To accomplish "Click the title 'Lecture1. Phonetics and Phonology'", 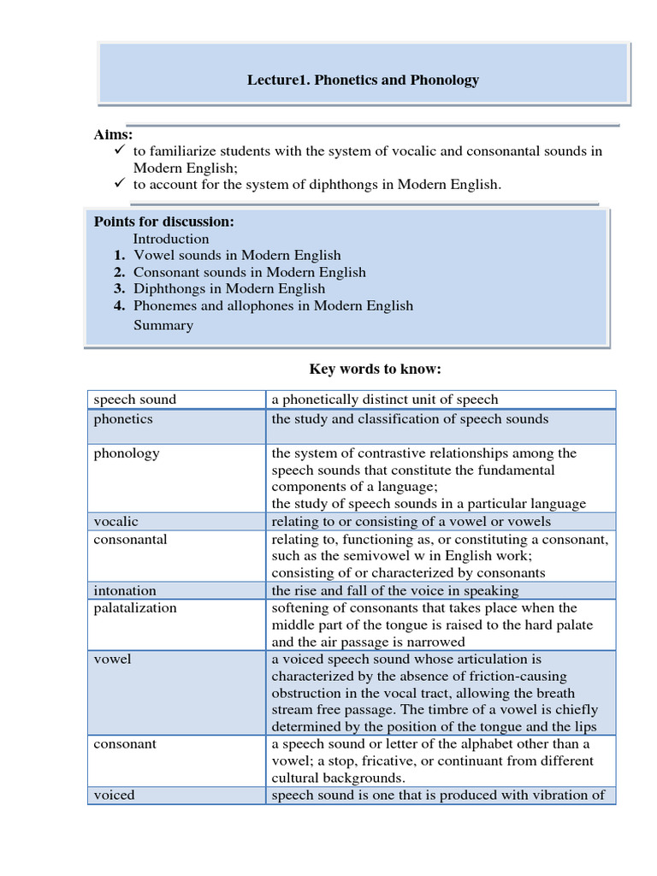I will click(363, 80).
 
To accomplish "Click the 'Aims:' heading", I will click(113, 134).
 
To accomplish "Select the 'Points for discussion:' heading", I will click(163, 222).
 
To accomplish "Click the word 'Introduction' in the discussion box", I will click(170, 239).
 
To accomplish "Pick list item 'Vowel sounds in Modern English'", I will click(236, 255).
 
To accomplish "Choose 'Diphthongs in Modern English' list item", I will click(228, 288).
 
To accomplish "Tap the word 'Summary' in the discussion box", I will click(163, 325).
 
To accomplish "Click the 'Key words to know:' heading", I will click(375, 369).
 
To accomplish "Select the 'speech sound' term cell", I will click(134, 400).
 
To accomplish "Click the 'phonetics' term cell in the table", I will click(123, 419).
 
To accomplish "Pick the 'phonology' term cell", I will click(126, 453).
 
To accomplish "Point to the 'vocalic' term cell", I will click(115, 522).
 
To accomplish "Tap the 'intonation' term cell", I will click(125, 590).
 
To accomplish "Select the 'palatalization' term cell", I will click(135, 607).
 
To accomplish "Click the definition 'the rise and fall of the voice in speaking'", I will click(394, 590).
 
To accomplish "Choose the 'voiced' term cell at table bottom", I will click(114, 795).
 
